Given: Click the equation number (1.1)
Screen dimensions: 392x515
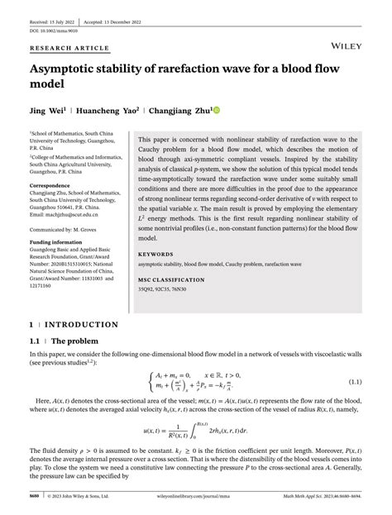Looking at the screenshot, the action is [355, 383].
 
